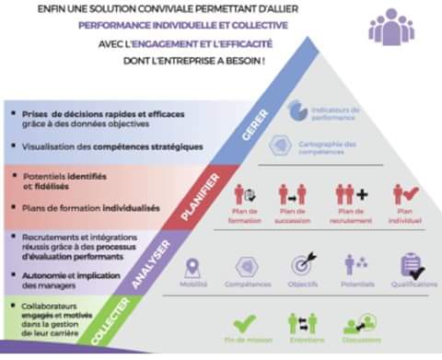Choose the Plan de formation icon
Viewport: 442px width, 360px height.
click(x=248, y=194)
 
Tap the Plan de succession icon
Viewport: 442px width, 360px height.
click(x=293, y=194)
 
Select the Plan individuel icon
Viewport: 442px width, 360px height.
click(x=406, y=194)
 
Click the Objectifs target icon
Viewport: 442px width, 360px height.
click(x=304, y=264)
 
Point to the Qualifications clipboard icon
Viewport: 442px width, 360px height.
click(x=412, y=265)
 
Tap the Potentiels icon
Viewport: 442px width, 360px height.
click(x=356, y=265)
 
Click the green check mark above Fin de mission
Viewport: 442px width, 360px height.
click(x=244, y=324)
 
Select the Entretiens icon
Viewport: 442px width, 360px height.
click(x=302, y=324)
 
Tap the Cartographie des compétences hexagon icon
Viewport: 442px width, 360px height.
click(x=283, y=145)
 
